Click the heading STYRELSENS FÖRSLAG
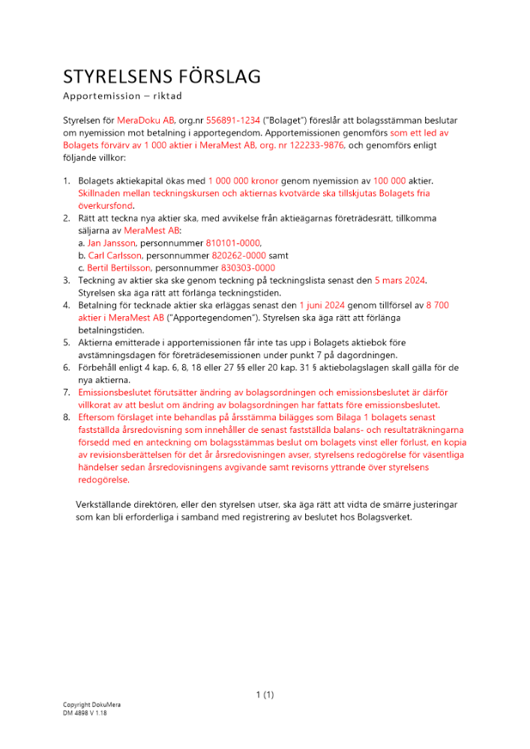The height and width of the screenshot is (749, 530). [x=162, y=76]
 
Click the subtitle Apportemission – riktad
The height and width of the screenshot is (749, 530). [x=123, y=97]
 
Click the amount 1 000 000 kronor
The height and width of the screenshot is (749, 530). [x=240, y=182]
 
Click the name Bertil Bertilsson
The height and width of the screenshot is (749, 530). [x=119, y=267]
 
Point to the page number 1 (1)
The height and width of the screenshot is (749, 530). [x=265, y=694]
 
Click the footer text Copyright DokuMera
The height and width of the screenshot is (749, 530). [x=91, y=705]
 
